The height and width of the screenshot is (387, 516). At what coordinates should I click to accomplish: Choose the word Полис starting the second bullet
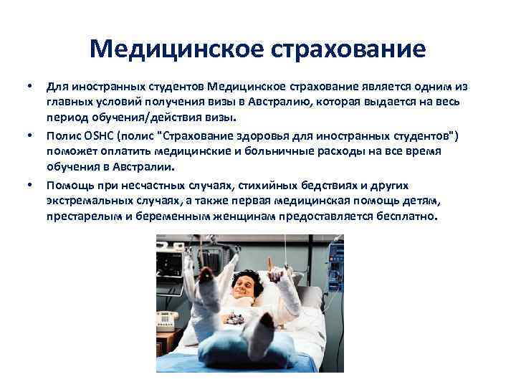pos(62,136)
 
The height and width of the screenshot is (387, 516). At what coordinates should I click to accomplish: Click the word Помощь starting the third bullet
pos(68,185)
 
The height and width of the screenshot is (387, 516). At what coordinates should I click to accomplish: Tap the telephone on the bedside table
pos(168,317)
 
